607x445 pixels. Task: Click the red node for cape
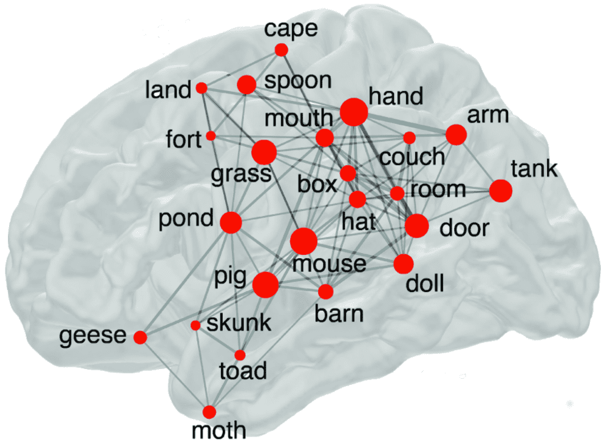point(281,50)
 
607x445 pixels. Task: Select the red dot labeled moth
point(209,412)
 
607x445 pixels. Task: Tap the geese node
point(140,337)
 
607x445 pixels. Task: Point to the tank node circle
point(501,191)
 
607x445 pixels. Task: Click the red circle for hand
point(353,112)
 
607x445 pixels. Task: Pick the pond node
point(231,223)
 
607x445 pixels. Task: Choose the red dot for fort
point(211,135)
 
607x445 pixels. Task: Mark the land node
point(202,88)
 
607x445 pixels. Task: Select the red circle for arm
point(456,134)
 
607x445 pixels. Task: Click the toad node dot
point(240,355)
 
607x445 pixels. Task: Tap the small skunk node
point(195,325)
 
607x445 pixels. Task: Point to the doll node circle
point(403,264)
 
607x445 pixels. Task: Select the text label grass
point(240,175)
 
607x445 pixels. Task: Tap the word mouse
point(330,264)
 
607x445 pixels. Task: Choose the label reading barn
point(339,314)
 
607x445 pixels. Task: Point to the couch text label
point(412,157)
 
